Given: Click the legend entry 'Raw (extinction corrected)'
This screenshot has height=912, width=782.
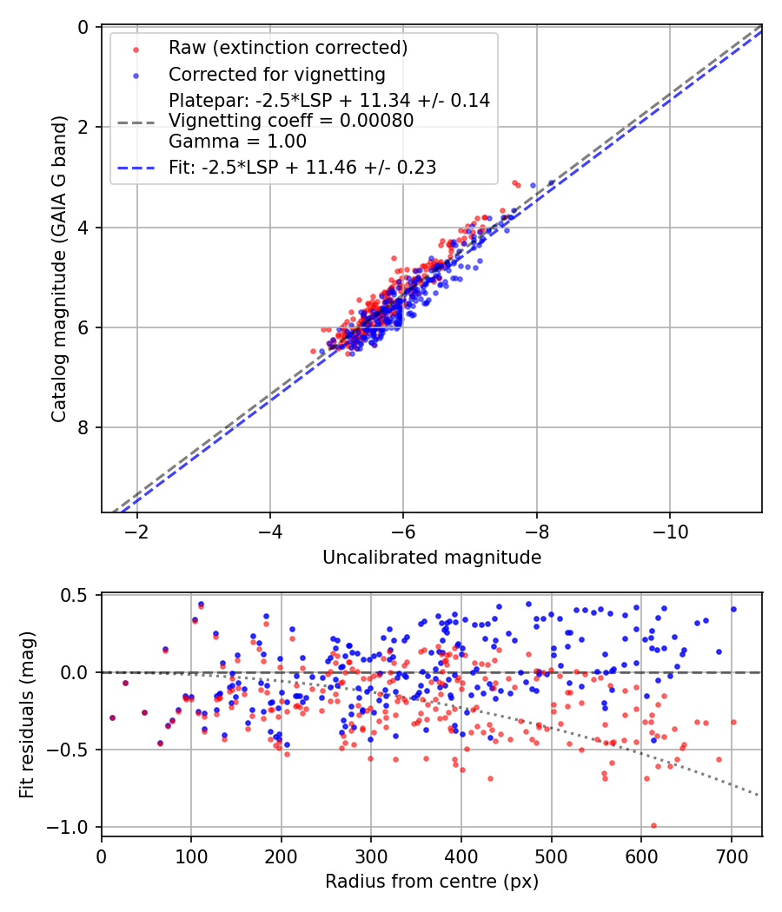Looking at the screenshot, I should pyautogui.click(x=288, y=47).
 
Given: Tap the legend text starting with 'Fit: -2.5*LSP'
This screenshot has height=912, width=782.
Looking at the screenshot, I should pyautogui.click(x=302, y=168).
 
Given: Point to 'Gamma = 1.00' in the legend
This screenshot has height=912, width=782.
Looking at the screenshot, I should pyautogui.click(x=237, y=141).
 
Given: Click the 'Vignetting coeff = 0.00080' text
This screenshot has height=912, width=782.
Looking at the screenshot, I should pyautogui.click(x=291, y=121).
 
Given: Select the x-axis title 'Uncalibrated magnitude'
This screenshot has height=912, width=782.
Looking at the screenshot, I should pyautogui.click(x=432, y=558).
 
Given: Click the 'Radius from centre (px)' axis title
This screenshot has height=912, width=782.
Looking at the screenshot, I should pyautogui.click(x=432, y=882).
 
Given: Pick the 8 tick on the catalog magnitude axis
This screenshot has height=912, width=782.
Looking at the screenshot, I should pyautogui.click(x=84, y=427).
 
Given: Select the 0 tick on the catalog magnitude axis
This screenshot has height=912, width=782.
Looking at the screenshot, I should pyautogui.click(x=84, y=28).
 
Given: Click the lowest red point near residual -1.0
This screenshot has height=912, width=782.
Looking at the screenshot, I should pyautogui.click(x=653, y=826).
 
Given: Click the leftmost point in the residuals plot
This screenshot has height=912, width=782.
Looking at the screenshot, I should pyautogui.click(x=112, y=717).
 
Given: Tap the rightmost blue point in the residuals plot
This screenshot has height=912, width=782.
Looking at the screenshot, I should pyautogui.click(x=733, y=609).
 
